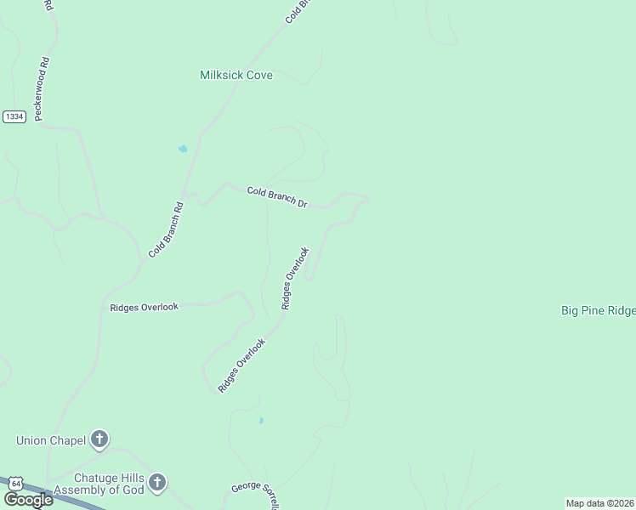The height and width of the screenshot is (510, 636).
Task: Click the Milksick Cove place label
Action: (236, 75)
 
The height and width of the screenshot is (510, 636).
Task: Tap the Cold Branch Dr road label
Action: (276, 197)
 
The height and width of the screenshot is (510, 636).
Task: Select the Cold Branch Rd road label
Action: (166, 229)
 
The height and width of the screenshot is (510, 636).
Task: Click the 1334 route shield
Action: (14, 116)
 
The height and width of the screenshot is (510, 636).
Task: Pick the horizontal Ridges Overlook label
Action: (145, 307)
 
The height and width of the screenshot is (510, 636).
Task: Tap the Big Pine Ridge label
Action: (598, 311)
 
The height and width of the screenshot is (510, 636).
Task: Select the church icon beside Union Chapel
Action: (99, 439)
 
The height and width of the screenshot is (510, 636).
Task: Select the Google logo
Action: (28, 500)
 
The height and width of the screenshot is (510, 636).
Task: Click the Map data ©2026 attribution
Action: (599, 503)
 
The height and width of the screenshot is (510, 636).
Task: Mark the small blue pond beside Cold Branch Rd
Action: (182, 150)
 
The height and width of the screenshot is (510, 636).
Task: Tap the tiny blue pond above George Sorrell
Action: (261, 420)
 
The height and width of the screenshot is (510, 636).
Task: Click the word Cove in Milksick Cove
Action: (259, 75)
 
